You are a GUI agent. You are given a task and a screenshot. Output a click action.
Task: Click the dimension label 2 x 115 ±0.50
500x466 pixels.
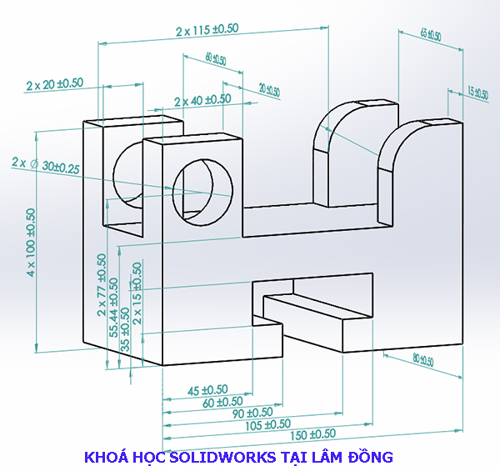coord(207,29)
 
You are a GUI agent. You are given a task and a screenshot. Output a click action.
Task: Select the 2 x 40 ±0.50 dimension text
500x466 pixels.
coord(202,99)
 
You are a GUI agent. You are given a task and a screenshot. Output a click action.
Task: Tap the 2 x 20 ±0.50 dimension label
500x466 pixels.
coord(55,84)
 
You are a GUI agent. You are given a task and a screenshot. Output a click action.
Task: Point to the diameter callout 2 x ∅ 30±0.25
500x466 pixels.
coord(46,165)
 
